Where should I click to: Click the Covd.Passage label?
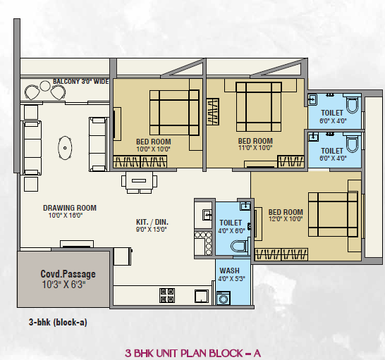click(68, 274)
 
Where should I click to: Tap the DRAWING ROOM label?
click(70, 208)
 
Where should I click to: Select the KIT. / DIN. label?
click(152, 222)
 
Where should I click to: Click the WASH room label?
click(229, 271)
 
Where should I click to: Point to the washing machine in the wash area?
click(224, 298)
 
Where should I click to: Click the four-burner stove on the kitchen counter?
click(167, 295)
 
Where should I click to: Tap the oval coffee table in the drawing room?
click(65, 148)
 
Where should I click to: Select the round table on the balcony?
click(45, 86)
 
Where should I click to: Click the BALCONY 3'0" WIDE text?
click(81, 82)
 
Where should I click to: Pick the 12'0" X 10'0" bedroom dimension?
click(286, 219)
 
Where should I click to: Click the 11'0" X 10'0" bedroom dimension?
click(255, 148)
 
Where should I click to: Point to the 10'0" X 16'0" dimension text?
click(66, 216)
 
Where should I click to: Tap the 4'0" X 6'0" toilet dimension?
click(231, 230)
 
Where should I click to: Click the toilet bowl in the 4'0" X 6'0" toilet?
click(238, 246)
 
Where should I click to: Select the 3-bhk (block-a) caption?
click(58, 322)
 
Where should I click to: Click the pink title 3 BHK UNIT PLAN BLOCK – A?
click(192, 354)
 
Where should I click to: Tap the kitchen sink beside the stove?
click(202, 296)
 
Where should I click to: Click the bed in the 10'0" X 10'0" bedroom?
click(174, 113)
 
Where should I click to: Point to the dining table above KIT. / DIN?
click(139, 181)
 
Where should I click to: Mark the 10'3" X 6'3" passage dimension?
click(64, 285)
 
